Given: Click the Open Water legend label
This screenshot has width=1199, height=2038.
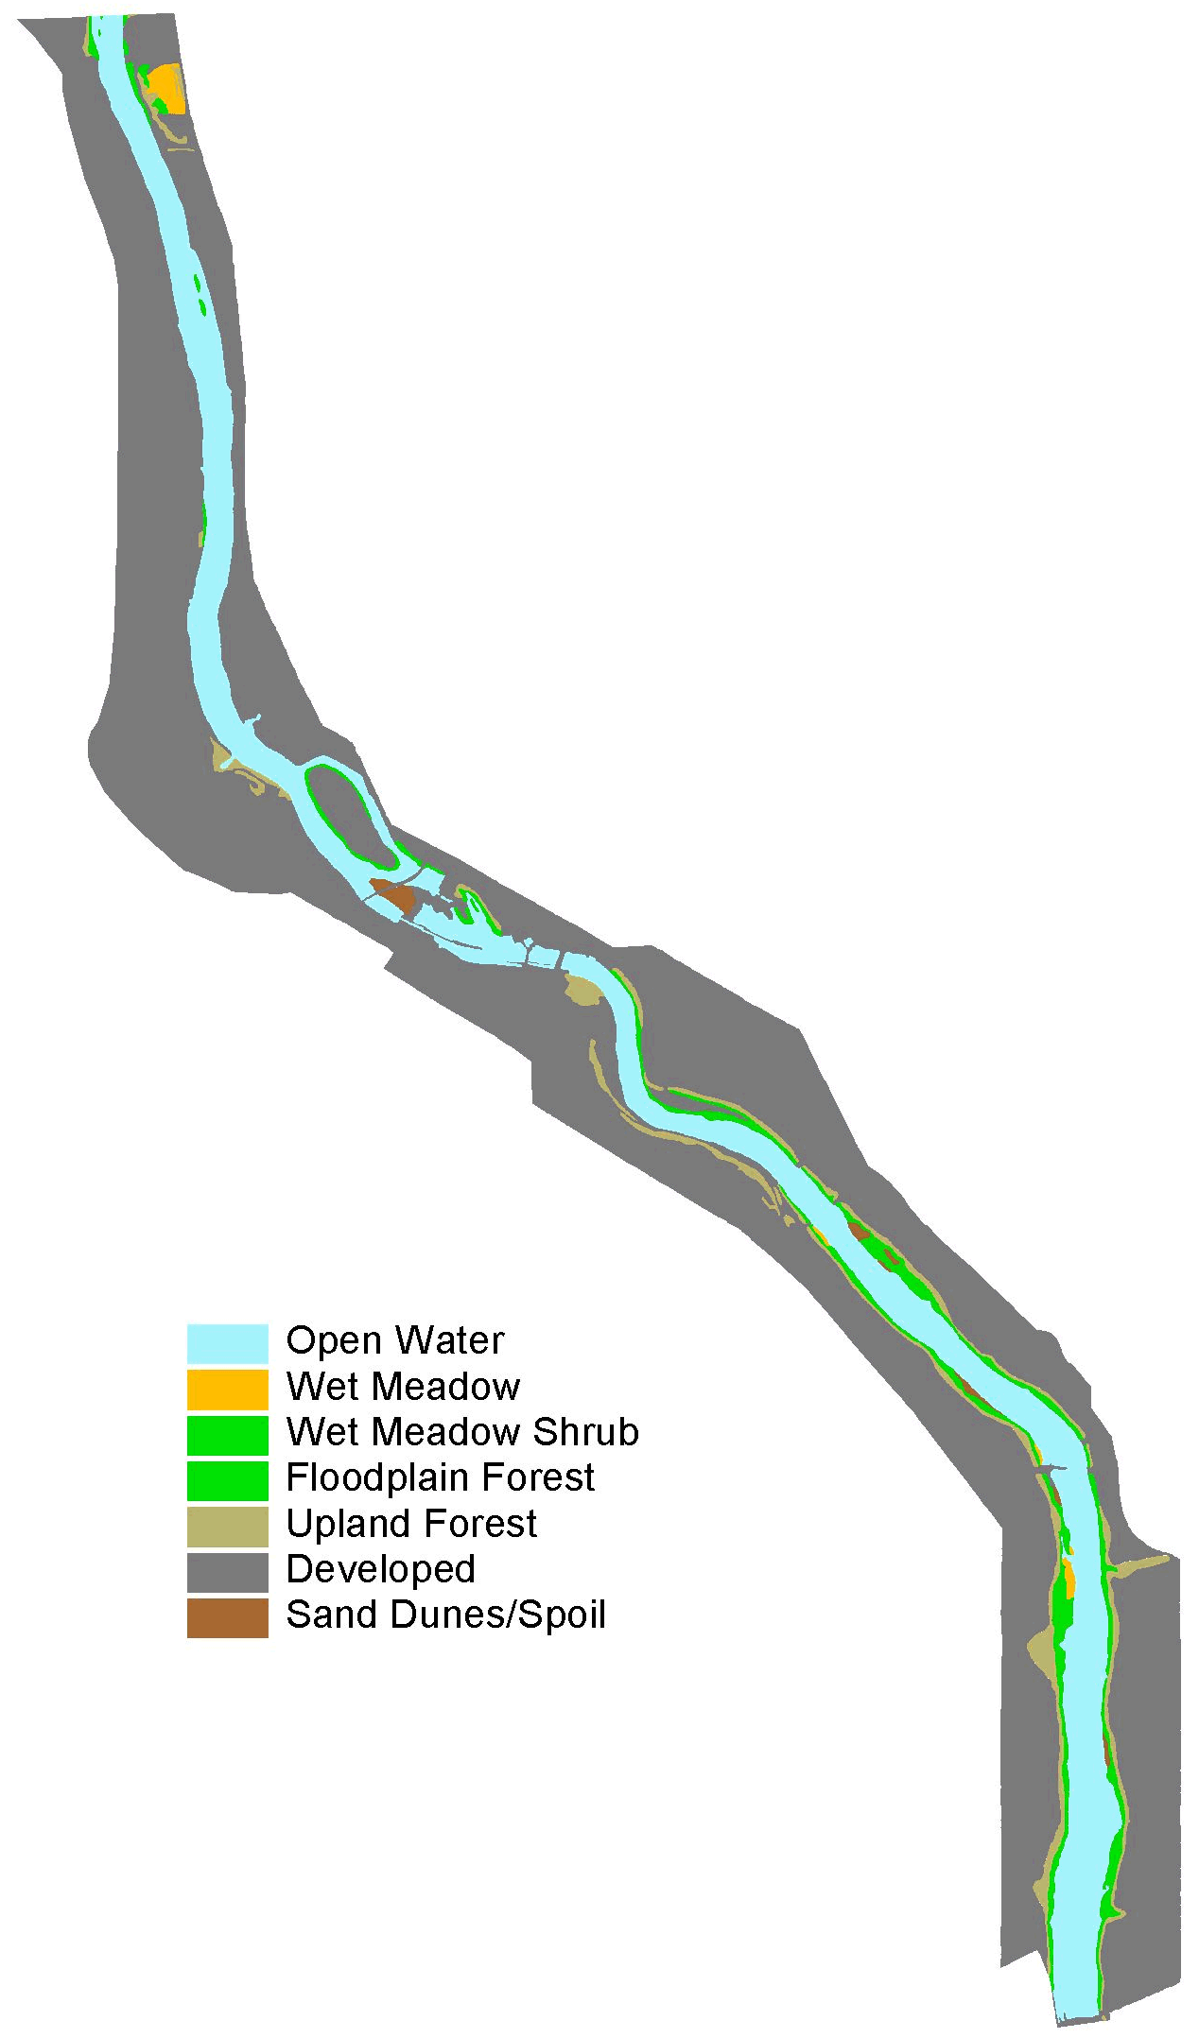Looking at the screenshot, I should pos(395,1340).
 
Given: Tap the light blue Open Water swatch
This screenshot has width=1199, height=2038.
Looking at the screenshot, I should pos(227,1342).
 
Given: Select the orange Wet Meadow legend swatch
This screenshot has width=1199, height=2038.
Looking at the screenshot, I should pos(227,1389).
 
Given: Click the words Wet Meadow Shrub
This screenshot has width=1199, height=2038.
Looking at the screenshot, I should pos(462,1432).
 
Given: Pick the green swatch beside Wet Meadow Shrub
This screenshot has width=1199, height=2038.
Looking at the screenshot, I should pos(227,1434).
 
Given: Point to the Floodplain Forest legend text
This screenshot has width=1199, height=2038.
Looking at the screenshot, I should pos(440,1477).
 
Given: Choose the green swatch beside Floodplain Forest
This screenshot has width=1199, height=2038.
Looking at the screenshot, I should pos(227,1480).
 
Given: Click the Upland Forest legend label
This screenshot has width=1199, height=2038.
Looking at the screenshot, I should pos(411,1524).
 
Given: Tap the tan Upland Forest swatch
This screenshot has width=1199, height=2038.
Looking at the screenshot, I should pos(227,1527).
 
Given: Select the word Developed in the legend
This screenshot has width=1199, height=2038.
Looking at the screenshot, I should pos(380,1569).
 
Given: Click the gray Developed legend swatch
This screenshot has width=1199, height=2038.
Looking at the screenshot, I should pos(227,1572).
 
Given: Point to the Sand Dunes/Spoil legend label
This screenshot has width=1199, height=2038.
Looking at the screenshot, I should pos(445,1615).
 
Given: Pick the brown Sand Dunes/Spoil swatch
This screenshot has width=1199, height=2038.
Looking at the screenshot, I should pos(227,1617).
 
